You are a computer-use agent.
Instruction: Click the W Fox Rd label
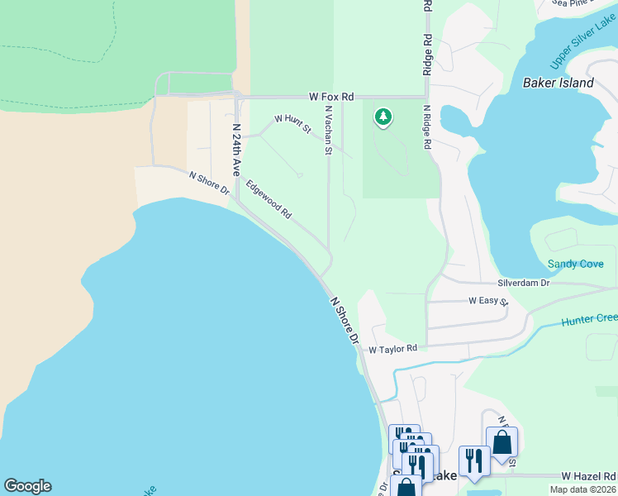click(x=331, y=97)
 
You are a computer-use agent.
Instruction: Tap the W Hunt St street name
click(x=292, y=124)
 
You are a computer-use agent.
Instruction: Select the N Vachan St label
click(x=328, y=130)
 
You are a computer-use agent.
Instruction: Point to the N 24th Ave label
click(x=235, y=150)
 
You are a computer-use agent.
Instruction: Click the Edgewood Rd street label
click(x=269, y=200)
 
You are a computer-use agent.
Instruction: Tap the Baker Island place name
click(x=559, y=83)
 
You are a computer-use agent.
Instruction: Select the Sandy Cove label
click(x=575, y=265)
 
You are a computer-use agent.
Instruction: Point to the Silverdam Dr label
click(x=523, y=283)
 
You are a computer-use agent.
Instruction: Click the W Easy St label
click(x=488, y=301)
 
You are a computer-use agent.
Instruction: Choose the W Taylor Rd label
click(x=392, y=350)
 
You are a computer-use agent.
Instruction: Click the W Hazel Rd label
click(x=588, y=476)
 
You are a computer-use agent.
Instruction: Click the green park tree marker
click(x=383, y=117)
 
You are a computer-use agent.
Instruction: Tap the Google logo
click(x=27, y=486)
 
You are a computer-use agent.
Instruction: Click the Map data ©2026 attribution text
click(x=582, y=489)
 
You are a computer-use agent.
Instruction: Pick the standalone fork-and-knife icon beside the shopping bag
click(x=473, y=460)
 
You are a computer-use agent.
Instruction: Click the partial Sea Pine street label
click(x=571, y=3)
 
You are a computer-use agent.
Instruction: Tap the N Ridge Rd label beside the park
click(x=427, y=126)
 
